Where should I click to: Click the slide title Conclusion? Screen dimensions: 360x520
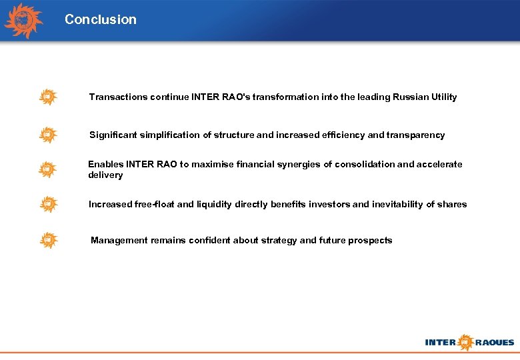coord(100,20)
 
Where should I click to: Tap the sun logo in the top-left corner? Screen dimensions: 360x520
coord(24,21)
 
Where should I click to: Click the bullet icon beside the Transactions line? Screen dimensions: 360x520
coord(47,97)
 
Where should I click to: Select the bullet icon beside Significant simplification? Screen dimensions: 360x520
coord(47,135)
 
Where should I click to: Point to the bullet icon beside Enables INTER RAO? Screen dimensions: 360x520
coord(47,169)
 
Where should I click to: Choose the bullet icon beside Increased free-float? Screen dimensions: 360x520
coord(47,204)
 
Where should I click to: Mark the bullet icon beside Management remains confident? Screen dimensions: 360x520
coord(47,240)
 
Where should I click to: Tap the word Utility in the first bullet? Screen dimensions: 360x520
coord(443,97)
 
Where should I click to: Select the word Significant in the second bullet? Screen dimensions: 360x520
coord(113,135)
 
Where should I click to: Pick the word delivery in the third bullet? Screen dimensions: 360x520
coord(105,175)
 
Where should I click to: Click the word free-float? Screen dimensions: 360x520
coord(155,205)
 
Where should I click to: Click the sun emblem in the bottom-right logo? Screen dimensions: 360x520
coord(465,343)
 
